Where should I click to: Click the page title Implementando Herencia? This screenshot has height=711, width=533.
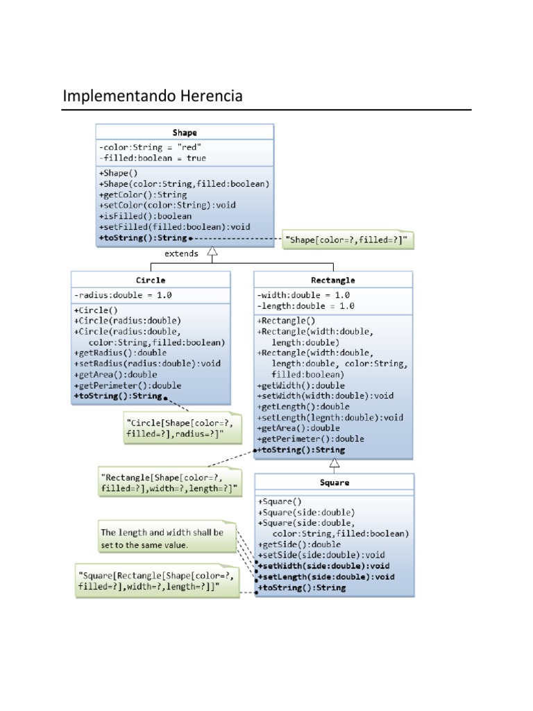(x=153, y=96)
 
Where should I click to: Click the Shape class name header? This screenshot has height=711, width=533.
(x=184, y=132)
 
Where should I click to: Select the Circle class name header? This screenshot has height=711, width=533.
(x=151, y=280)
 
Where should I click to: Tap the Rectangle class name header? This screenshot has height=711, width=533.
(x=334, y=280)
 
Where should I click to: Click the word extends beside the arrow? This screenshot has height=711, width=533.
(x=181, y=253)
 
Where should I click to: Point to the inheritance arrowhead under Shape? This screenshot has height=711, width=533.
(x=212, y=254)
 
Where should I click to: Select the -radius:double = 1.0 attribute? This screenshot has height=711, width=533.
(x=123, y=295)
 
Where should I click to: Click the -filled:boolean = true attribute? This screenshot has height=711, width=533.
(x=152, y=158)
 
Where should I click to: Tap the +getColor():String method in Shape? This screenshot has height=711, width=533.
(x=143, y=195)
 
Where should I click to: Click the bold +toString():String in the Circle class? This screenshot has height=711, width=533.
(x=117, y=396)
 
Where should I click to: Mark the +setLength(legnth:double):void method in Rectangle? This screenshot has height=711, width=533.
(x=330, y=417)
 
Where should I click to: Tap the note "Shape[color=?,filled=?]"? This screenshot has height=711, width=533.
(x=345, y=240)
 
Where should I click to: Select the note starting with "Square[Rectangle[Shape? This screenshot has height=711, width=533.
(x=157, y=581)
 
